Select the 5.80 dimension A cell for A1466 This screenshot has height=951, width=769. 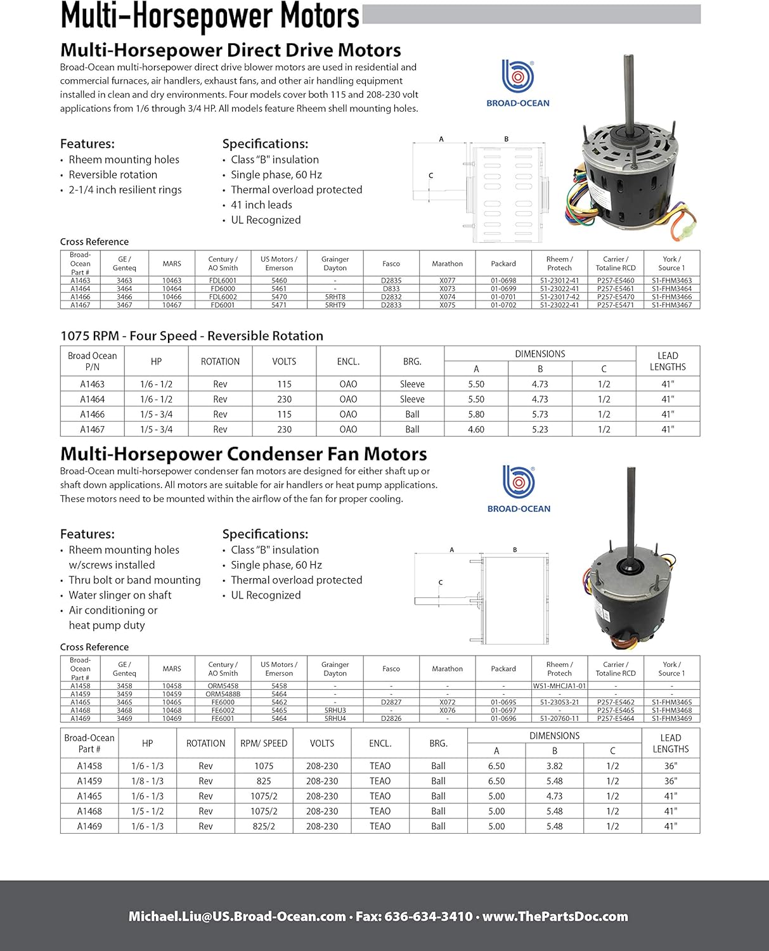475,414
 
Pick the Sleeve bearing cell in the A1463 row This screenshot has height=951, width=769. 412,384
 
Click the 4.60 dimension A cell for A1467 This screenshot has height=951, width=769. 475,429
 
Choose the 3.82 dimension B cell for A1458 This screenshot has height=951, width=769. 554,766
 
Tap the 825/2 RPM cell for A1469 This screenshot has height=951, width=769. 264,826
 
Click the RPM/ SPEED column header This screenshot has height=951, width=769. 264,743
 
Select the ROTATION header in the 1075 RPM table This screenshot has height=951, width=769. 220,361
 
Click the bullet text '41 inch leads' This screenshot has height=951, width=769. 261,205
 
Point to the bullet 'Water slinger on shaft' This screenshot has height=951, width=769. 120,595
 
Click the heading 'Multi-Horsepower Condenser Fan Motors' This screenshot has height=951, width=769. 243,454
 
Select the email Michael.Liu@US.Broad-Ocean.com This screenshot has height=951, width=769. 237,916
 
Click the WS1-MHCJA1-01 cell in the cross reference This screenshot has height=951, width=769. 559,686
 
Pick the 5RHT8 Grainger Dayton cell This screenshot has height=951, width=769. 335,297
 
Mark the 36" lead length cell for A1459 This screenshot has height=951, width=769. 670,781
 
